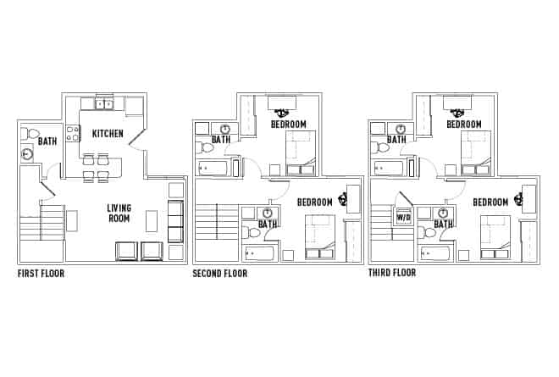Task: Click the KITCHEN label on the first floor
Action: click(x=108, y=134)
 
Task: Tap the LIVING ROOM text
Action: click(x=119, y=213)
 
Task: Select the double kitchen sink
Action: click(x=104, y=104)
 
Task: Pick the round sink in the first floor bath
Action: click(x=27, y=154)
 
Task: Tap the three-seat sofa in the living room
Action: click(x=175, y=222)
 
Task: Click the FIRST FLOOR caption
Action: click(x=41, y=274)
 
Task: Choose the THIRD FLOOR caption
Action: click(x=392, y=274)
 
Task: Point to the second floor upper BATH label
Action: click(x=221, y=140)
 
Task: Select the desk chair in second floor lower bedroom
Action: click(x=343, y=200)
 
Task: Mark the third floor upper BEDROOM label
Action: click(x=464, y=125)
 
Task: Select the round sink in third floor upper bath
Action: click(x=401, y=129)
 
